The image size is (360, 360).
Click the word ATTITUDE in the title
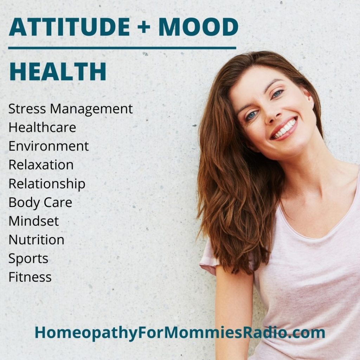(69, 27)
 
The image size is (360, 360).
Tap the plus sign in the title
(144, 27)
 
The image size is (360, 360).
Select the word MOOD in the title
(198, 27)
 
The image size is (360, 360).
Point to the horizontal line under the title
(122, 48)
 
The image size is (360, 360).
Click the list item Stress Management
(70, 109)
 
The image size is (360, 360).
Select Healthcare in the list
(42, 127)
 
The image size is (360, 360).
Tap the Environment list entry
(49, 146)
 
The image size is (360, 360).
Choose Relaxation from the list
(41, 165)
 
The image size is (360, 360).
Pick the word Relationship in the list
(47, 184)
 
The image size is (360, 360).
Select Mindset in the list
(34, 221)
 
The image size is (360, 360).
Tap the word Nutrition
(37, 240)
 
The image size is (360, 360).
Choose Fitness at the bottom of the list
(30, 277)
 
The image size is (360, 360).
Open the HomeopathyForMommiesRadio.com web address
(180, 333)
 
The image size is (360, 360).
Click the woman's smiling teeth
(284, 129)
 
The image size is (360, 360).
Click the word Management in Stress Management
(91, 109)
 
